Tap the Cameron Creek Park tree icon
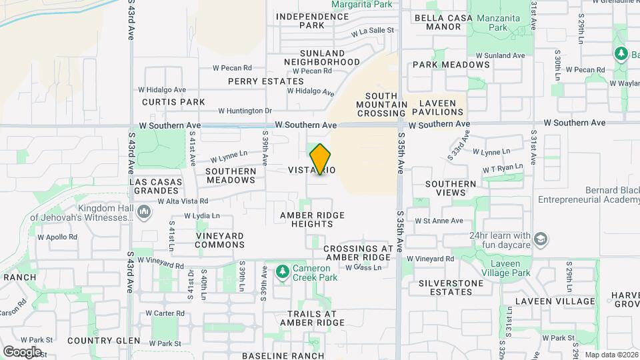tap(283, 271)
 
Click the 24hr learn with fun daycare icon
tap(541, 239)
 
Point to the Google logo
tap(22, 351)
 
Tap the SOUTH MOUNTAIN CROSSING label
tap(381, 105)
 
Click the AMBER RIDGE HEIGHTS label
tap(307, 219)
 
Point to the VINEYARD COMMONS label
tap(219, 240)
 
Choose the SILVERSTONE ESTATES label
tap(451, 287)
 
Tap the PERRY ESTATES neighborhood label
tap(257, 81)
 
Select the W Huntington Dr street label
tap(245, 111)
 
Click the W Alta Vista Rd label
tap(183, 200)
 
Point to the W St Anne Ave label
tap(438, 221)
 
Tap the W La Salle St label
tap(373, 31)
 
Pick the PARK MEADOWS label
tap(451, 65)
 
